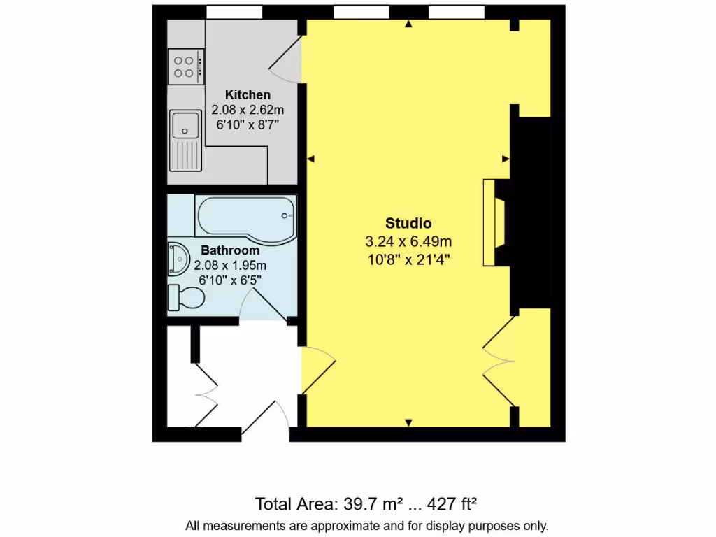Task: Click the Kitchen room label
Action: coord(248,94)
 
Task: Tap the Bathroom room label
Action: coord(230,250)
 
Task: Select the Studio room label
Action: coord(408,224)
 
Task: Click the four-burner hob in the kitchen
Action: coord(185,66)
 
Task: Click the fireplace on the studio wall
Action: coord(495,222)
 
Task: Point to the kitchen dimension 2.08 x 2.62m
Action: coord(248,110)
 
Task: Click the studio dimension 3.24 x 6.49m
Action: coord(408,242)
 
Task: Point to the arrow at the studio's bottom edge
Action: coord(409,422)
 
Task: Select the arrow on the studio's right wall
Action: coord(506,159)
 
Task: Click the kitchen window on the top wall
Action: coord(234,12)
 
